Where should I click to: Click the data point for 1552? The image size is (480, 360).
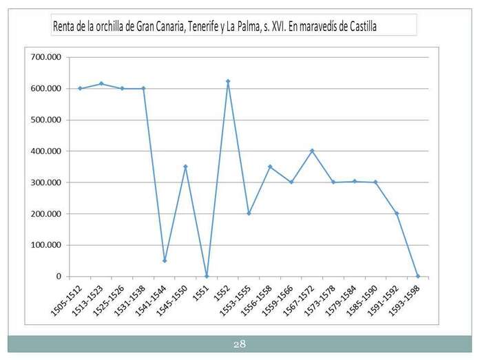[x=228, y=81]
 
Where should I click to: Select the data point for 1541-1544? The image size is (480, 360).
[x=165, y=260]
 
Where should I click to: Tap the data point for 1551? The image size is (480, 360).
[x=207, y=276]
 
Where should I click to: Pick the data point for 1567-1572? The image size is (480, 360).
[x=312, y=151]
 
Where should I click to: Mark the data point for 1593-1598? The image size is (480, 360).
[x=417, y=276]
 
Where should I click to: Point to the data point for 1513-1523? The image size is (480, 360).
[x=101, y=84]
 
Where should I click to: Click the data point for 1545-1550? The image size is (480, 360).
[x=185, y=167]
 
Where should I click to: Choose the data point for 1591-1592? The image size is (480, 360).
[x=397, y=213]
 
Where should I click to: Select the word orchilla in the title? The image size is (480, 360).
[x=114, y=26]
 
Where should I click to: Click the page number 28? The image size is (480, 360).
[x=240, y=343]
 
